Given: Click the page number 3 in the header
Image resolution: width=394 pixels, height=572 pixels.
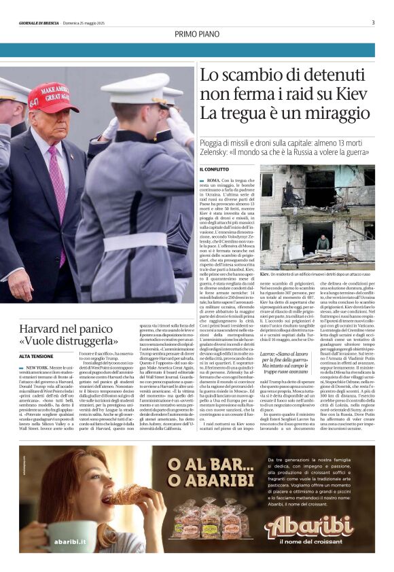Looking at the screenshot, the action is (x=373, y=22).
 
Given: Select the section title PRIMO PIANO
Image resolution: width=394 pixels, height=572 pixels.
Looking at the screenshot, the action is (x=196, y=34).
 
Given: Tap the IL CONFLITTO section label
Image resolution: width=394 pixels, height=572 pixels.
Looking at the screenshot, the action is (x=215, y=168).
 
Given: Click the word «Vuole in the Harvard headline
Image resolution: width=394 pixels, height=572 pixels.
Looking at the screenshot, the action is (x=39, y=340).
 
